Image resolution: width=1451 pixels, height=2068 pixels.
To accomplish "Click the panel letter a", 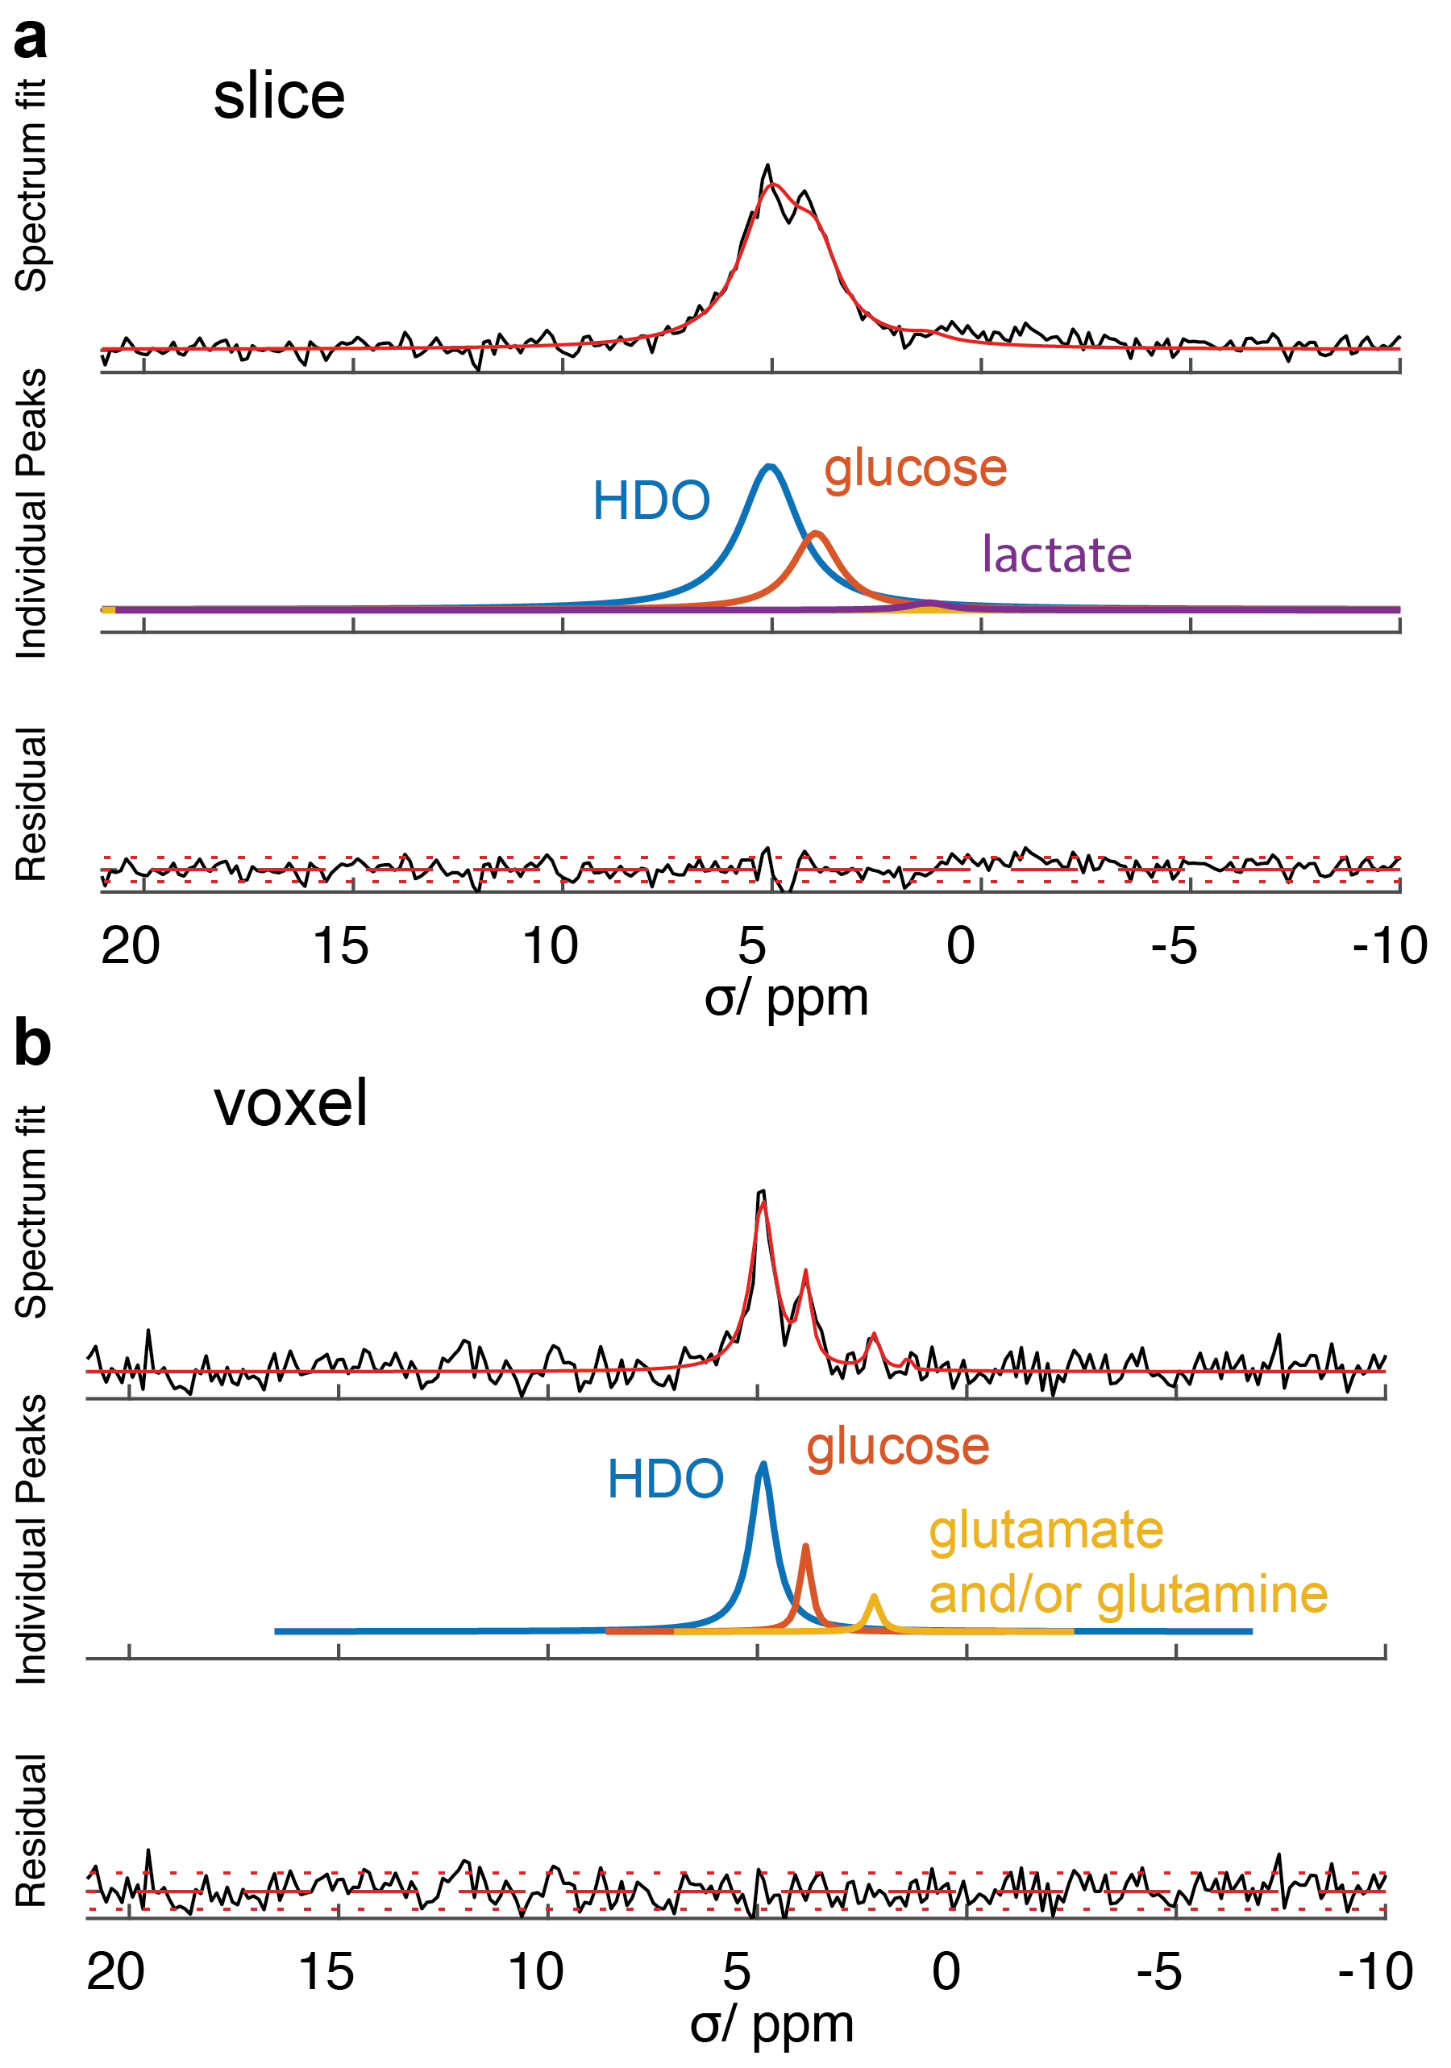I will pos(31,40).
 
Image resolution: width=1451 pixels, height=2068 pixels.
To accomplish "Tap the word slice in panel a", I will pos(278,97).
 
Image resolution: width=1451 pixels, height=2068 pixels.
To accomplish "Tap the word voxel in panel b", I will pos(290,1103).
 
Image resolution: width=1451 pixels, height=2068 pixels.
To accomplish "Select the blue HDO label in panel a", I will pos(651,500).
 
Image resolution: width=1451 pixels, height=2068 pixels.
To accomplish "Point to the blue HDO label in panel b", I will pos(665,1479).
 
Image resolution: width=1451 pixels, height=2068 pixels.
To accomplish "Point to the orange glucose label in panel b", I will pos(897,1448).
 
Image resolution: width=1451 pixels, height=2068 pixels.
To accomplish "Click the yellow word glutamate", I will pos(1046,1531).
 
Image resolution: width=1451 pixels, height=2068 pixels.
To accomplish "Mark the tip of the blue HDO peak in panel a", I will pos(769,466).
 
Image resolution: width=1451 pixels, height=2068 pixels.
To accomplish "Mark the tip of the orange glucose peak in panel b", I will pos(805,1546).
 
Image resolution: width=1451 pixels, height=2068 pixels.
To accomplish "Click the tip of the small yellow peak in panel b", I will pos(873,1596).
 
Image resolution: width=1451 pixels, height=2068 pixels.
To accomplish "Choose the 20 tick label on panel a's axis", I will pos(131,945).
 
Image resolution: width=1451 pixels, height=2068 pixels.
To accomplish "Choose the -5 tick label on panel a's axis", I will pos(1174,945).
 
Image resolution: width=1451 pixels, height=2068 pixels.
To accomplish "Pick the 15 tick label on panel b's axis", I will pos(325,1973).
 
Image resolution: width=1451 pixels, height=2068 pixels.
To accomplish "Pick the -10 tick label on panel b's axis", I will pos(1374,1973).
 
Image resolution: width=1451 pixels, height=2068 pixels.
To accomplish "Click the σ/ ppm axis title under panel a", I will pos(785,998).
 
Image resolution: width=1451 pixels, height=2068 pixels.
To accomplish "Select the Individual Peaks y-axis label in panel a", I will pos(31,513).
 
